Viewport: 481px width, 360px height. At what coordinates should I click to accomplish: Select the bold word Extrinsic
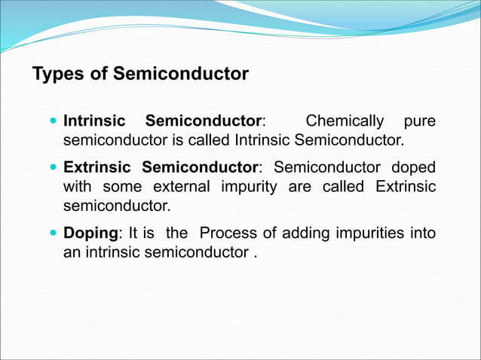click(96, 166)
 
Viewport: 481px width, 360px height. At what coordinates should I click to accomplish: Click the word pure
click(420, 121)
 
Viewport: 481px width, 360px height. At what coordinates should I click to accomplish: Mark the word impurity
click(250, 186)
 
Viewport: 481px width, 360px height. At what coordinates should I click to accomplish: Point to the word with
click(76, 186)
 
